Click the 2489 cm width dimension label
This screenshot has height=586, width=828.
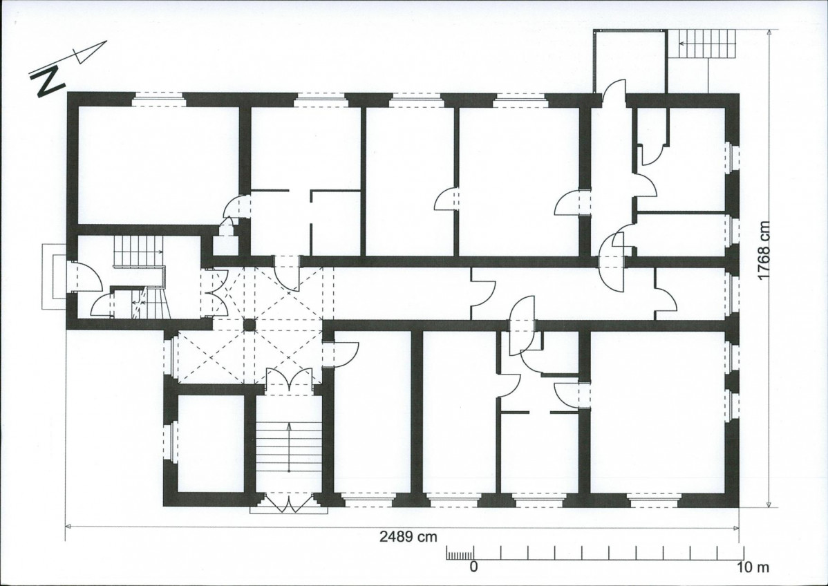click(x=408, y=536)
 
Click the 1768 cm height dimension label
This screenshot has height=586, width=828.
click(x=764, y=251)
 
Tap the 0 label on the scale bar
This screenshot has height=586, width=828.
click(x=473, y=567)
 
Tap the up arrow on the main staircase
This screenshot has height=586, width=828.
click(x=289, y=447)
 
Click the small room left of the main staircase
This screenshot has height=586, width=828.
click(x=211, y=443)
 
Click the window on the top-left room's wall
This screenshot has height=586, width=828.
click(x=158, y=100)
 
